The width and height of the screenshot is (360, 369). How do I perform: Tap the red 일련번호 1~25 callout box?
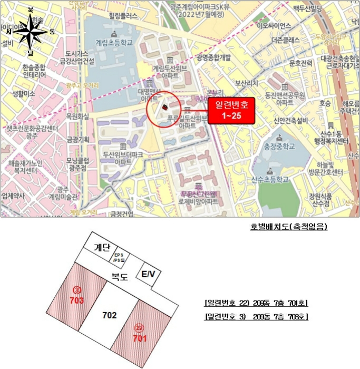231,110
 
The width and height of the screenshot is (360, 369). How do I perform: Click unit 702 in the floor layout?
109,315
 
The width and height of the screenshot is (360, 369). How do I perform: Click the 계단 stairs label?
101,248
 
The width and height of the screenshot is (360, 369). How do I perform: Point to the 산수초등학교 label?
270,180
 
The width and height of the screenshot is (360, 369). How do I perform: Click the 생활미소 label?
23,93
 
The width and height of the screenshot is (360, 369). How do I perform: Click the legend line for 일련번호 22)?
256,303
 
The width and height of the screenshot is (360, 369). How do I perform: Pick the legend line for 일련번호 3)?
256,316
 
